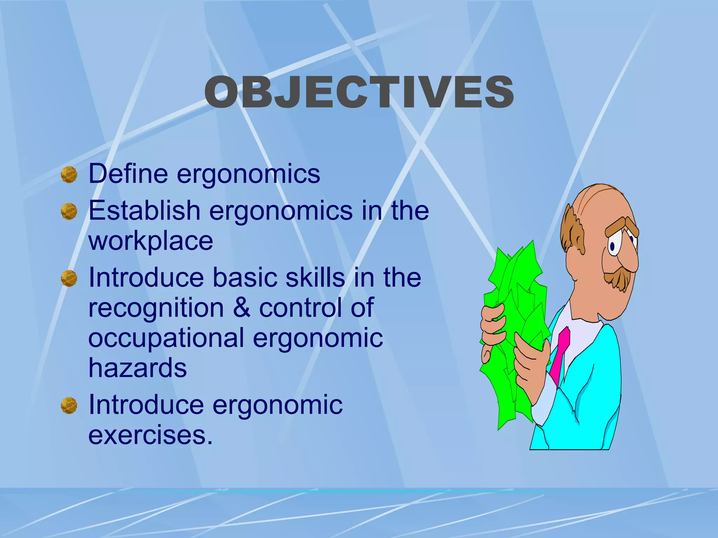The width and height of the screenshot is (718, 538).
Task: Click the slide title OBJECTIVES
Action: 359,92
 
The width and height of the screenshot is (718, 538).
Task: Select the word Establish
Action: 144,211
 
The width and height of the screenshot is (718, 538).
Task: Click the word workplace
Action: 151,242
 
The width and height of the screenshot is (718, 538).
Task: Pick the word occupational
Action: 166,338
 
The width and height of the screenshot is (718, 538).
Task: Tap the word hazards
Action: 137,368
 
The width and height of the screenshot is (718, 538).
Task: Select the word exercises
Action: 150,435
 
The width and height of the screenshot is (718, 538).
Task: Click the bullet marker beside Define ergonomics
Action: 69,174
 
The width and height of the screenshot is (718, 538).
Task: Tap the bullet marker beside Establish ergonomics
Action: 69,211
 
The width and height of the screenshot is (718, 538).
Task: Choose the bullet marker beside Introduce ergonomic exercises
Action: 69,406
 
